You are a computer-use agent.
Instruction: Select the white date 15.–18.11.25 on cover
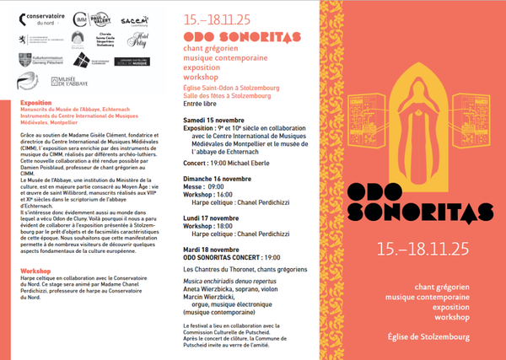pos(422,249)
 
